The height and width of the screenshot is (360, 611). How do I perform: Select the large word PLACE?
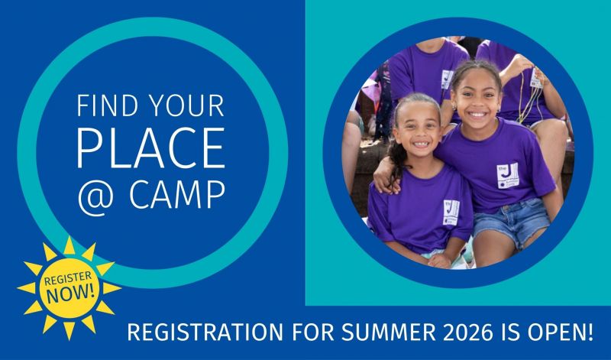coord(151,148)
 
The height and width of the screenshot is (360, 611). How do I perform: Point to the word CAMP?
coord(176,196)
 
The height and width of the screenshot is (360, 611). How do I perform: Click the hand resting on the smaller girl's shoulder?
coord(384,178)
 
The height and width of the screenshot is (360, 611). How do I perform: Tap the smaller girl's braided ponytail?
coord(396,157)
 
